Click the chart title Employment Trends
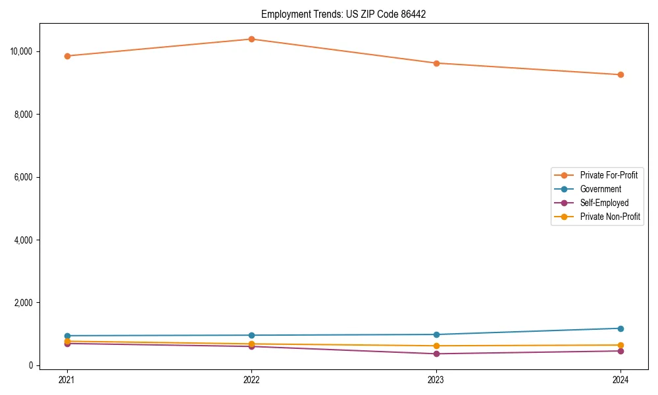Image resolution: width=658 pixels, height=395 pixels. click(x=343, y=14)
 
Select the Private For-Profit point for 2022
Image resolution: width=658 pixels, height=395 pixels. click(x=251, y=39)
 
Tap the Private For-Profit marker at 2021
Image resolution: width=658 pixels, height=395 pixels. click(x=66, y=56)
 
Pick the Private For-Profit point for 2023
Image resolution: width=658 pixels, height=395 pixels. click(x=436, y=63)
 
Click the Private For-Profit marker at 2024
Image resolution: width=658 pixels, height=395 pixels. click(x=620, y=74)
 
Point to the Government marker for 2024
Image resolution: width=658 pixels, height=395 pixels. click(x=620, y=329)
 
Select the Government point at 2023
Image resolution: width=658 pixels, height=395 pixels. click(x=436, y=334)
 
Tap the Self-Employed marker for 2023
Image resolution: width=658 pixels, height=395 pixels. click(x=436, y=354)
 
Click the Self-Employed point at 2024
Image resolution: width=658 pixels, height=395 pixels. click(x=620, y=351)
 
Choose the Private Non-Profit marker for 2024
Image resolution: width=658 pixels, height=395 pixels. click(x=620, y=345)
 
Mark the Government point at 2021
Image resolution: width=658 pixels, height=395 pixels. click(x=66, y=336)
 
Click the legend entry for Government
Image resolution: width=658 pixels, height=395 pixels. click(x=600, y=189)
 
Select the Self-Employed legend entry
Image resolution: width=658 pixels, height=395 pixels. click(x=604, y=203)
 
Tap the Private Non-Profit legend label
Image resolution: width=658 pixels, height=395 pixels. click(x=610, y=217)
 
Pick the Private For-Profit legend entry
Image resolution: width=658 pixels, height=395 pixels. click(x=609, y=175)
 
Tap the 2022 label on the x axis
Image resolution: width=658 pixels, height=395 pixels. click(x=251, y=379)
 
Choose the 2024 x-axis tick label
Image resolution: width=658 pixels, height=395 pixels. click(x=620, y=379)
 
